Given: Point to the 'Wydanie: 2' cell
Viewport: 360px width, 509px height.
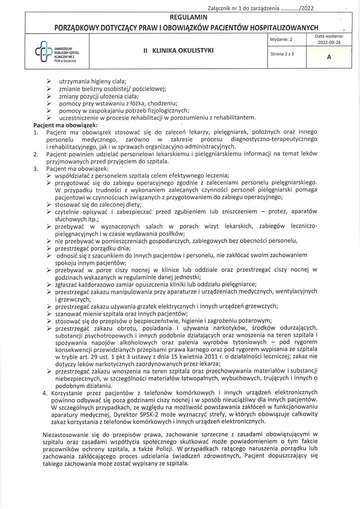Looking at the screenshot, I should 281,39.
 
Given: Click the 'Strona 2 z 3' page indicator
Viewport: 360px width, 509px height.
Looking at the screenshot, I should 282,54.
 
